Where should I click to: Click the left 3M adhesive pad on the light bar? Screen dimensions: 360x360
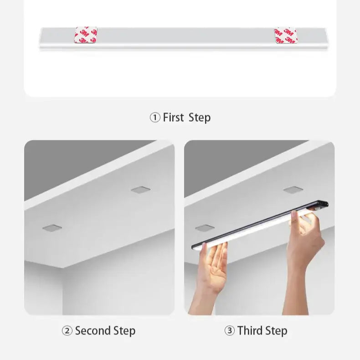point(86,35)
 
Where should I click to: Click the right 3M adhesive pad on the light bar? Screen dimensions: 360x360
point(285,36)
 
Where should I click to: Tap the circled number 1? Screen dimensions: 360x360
point(155,118)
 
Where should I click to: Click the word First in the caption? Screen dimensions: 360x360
point(173,117)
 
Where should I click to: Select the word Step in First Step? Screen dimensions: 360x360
point(200,118)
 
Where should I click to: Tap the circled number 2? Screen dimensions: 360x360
point(67,331)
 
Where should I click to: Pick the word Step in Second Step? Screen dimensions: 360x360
point(124,331)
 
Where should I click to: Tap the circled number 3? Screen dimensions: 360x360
point(229,331)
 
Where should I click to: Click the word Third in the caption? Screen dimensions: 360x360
point(250,331)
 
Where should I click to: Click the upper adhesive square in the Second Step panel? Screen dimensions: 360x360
point(141,190)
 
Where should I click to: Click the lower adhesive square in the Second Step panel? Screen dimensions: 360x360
point(52,228)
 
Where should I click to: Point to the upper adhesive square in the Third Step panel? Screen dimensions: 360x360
point(293,190)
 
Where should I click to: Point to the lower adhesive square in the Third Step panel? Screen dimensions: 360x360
point(205,228)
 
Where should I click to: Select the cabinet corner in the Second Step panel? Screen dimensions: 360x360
point(63,267)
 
